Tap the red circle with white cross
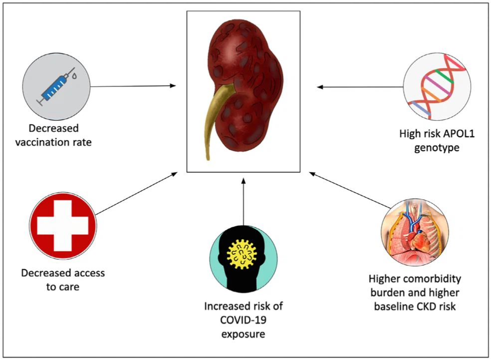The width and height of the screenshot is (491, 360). click(x=63, y=226)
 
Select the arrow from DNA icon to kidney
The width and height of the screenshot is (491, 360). click(x=359, y=87)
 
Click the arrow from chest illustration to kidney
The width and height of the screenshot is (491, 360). click(x=349, y=190)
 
